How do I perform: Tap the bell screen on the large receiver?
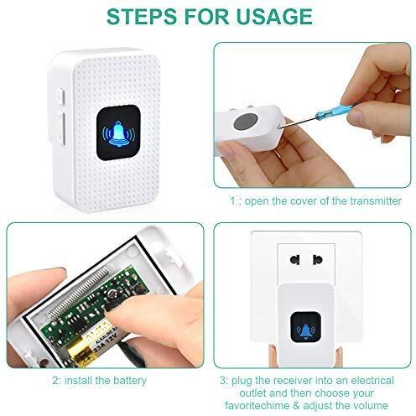click(118, 133)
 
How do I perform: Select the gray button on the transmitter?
click(246, 122)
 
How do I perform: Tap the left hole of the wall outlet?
click(295, 259)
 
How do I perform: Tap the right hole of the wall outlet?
click(318, 259)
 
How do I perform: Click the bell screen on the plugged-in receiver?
click(305, 327)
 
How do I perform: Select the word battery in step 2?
click(130, 381)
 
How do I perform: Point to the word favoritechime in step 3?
click(257, 405)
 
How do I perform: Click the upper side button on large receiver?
click(62, 97)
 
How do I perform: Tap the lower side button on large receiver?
click(62, 128)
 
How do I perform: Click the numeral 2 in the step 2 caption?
click(55, 381)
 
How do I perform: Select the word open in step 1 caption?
click(257, 201)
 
